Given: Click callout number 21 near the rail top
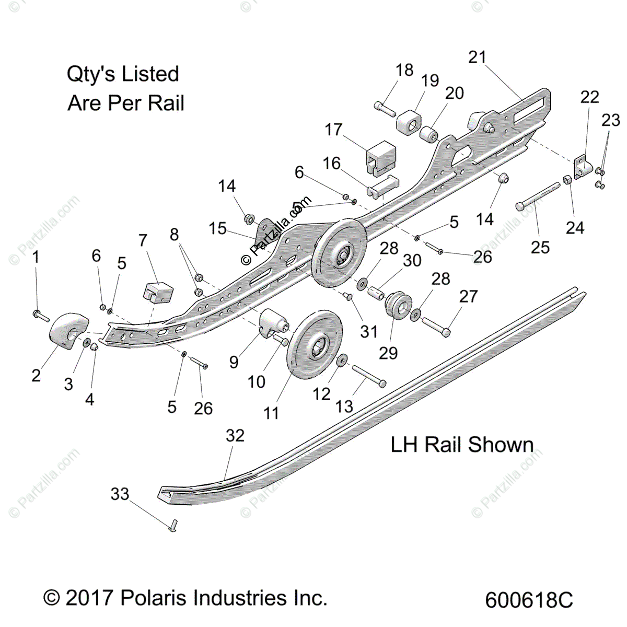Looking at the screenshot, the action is [478, 57].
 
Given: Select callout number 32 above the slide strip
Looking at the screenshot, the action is [235, 435].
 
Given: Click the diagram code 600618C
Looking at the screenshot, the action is [529, 599].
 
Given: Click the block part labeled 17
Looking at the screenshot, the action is [381, 158].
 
